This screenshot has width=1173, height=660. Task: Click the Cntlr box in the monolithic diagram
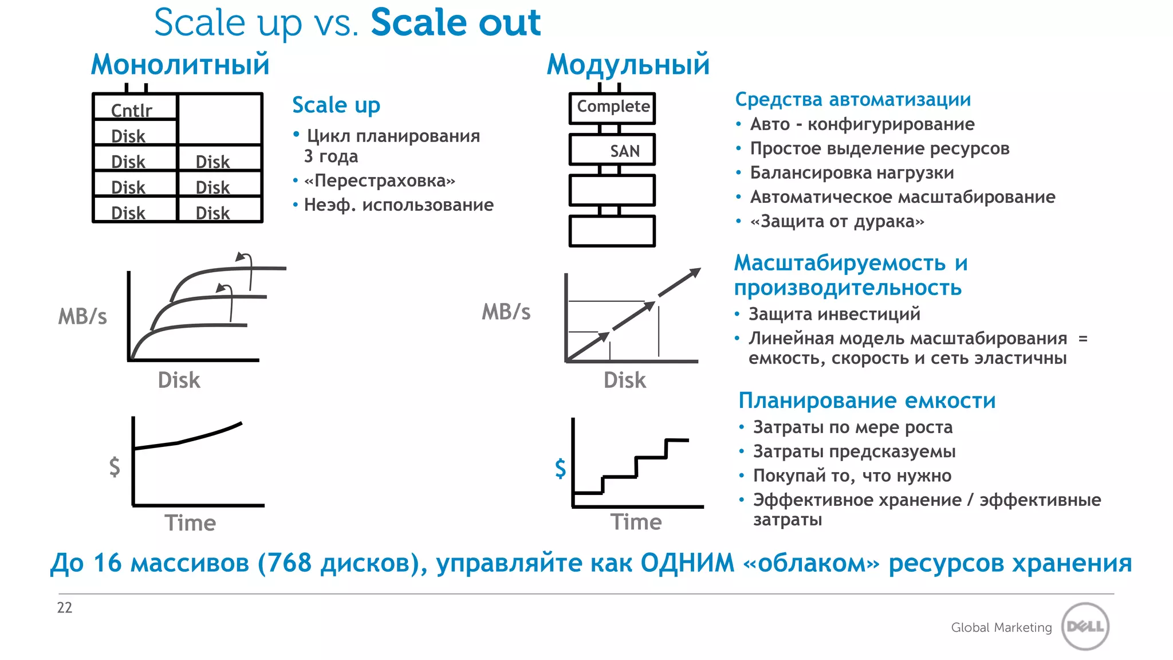coord(135,107)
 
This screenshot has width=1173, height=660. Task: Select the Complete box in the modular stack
coord(612,108)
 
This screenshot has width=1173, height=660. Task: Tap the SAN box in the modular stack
coord(612,150)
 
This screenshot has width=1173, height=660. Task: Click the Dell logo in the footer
coord(1085,626)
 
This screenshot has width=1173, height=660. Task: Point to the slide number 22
coord(65,607)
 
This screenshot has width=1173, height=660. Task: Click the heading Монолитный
coord(180,64)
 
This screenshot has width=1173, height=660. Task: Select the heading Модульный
coord(628,64)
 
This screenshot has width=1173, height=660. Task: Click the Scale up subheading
coord(336,105)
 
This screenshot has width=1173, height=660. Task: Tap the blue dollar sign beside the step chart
coord(560,468)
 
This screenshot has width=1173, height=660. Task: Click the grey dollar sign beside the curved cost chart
coord(115,466)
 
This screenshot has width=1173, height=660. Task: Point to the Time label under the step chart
coord(636,522)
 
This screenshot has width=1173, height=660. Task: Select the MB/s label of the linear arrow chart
coord(506,312)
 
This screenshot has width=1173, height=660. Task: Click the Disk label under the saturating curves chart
coord(179,380)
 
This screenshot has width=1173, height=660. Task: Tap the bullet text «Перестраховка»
coord(380,180)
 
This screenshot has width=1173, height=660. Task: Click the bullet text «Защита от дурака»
coord(837,221)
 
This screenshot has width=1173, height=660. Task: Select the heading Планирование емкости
coord(867,400)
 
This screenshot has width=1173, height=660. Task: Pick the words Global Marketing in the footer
coord(1001,627)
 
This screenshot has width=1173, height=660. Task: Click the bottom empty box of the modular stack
coord(612,231)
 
